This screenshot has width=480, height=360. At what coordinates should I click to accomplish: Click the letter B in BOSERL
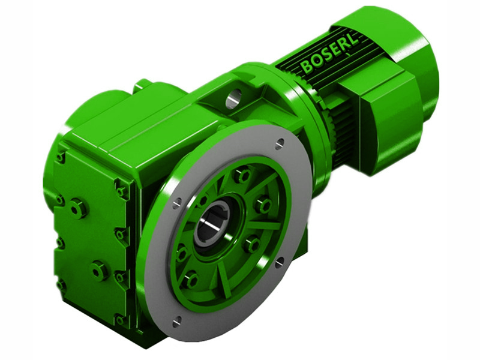307,66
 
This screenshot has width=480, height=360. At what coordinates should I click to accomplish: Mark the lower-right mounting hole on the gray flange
280,262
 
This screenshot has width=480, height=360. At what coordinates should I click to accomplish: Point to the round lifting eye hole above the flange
233,97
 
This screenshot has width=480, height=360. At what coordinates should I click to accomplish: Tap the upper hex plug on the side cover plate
77,208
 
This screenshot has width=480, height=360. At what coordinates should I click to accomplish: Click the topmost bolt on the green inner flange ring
243,176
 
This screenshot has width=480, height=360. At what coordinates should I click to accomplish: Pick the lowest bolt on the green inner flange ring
191,280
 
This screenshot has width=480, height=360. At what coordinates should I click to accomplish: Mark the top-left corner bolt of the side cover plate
61,157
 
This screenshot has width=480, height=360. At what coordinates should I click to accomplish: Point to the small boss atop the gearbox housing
142,85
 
